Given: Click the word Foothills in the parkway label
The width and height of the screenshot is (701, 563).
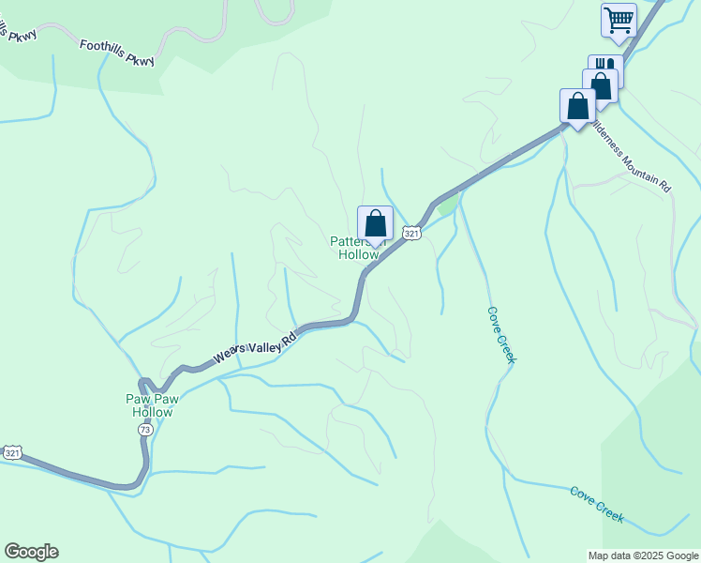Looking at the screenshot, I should [106, 44].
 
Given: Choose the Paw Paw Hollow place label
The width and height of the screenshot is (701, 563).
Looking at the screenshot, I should [152, 405].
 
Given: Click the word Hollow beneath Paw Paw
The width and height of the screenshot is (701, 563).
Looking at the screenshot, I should [152, 412].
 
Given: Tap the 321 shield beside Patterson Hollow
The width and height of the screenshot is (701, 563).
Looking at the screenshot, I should [411, 232].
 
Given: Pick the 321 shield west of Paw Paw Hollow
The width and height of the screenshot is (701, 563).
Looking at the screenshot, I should [12, 452].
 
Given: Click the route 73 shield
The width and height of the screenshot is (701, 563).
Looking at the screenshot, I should [144, 429].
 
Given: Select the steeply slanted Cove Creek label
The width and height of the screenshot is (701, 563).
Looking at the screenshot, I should [501, 335].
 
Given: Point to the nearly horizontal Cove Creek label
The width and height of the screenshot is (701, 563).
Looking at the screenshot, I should [597, 504].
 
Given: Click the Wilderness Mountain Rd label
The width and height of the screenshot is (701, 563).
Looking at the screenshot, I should [632, 157].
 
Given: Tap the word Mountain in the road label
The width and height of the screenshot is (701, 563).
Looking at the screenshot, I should [636, 160].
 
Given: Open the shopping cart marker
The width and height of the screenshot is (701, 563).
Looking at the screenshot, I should [619, 19].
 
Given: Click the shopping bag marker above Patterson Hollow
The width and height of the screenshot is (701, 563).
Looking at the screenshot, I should [375, 223].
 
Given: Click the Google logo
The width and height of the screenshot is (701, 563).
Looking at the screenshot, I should [31, 552].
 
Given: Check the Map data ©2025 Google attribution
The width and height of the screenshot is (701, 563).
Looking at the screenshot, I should [643, 555].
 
